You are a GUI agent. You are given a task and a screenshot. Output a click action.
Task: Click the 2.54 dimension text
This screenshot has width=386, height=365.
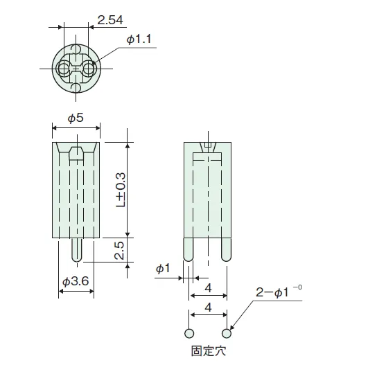110,20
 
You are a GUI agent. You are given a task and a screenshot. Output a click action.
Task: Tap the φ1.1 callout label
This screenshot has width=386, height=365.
139,39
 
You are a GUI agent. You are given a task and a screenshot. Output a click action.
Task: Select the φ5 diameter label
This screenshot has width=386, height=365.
76,118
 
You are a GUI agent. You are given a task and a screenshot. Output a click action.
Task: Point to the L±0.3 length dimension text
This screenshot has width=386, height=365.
121,190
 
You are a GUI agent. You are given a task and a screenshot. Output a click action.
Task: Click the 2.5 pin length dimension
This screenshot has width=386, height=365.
119,251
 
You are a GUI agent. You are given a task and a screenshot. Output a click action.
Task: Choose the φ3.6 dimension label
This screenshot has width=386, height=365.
76,281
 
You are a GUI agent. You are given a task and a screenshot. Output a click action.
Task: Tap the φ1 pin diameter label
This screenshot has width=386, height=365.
163,268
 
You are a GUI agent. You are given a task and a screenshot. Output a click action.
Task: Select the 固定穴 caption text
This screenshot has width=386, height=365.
209,350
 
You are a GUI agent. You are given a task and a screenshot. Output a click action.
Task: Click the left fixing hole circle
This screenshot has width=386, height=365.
189,334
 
